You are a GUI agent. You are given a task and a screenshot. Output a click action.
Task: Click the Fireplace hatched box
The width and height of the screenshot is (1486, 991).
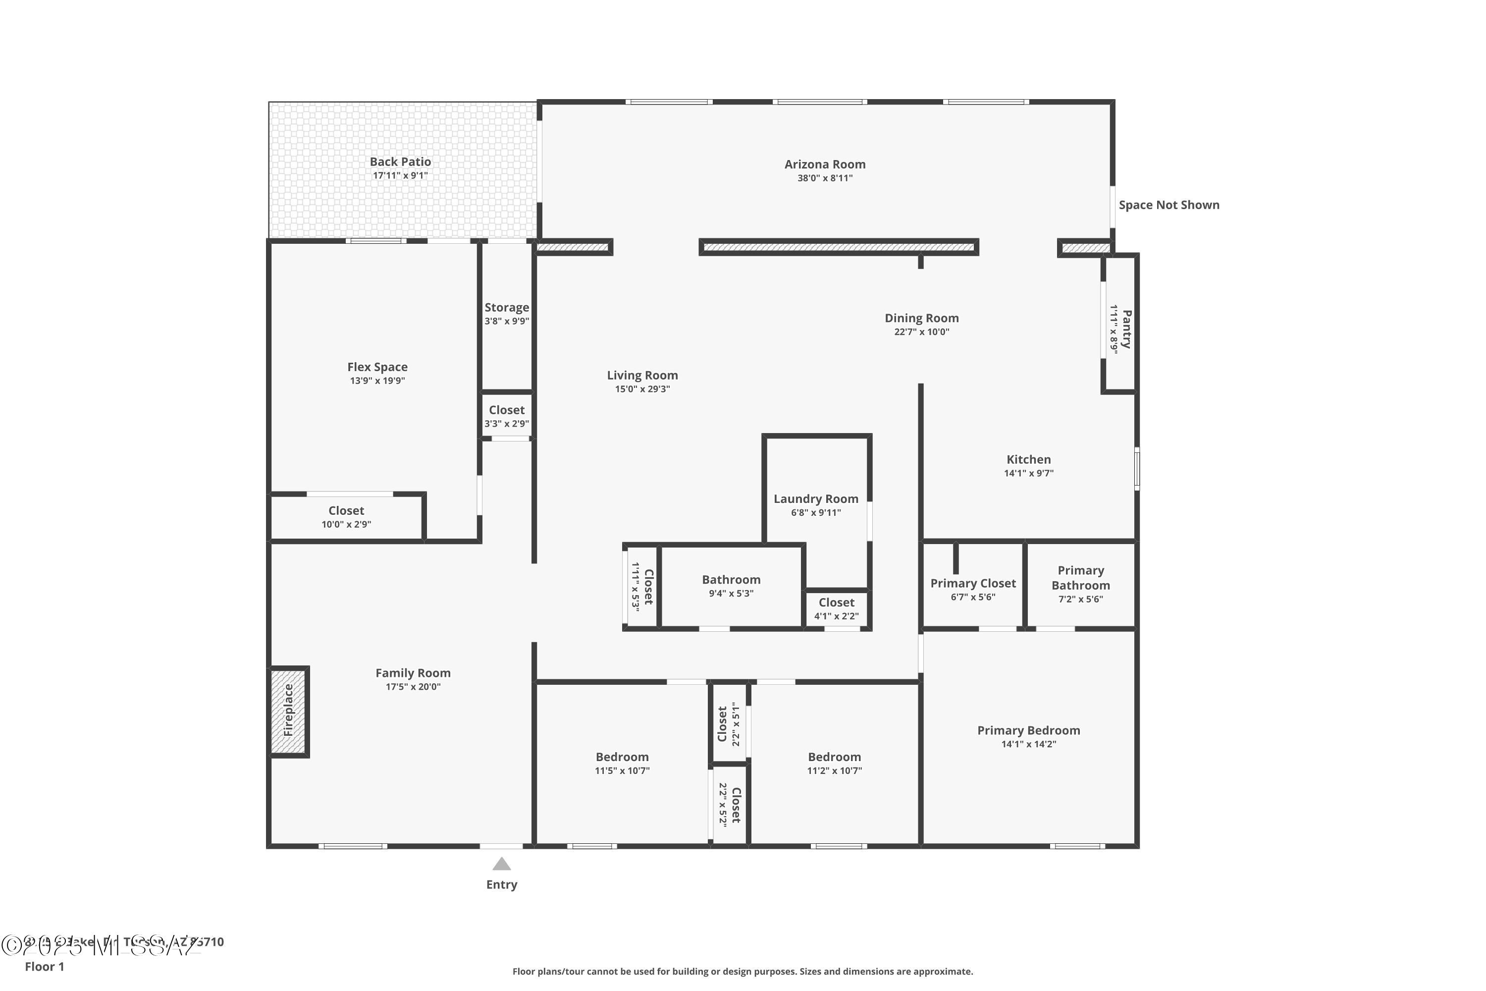[x=289, y=711]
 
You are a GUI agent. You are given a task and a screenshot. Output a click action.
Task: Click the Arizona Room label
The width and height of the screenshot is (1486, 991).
[x=825, y=165]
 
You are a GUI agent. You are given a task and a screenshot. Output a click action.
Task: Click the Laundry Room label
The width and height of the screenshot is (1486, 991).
[x=816, y=498]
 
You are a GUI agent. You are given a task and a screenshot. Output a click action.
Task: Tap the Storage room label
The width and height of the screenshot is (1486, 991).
[x=507, y=307]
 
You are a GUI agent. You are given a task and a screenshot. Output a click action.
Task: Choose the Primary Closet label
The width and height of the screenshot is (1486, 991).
[x=973, y=583]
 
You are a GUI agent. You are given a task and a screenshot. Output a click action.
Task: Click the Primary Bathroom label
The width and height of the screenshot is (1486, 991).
[x=1080, y=578]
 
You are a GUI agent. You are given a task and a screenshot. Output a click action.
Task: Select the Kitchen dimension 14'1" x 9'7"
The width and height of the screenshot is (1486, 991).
[x=1029, y=473]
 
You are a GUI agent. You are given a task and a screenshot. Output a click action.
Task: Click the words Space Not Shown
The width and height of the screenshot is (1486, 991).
[x=1169, y=205]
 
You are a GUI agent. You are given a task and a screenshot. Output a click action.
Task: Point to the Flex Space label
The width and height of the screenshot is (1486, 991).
[x=377, y=367]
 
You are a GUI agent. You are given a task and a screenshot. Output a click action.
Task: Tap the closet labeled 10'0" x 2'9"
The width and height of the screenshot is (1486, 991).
[x=346, y=517]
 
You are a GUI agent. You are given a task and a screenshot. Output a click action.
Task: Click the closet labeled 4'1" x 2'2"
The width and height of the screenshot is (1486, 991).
[x=837, y=608]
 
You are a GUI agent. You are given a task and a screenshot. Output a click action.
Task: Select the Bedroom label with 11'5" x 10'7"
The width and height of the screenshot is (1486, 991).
[x=622, y=757]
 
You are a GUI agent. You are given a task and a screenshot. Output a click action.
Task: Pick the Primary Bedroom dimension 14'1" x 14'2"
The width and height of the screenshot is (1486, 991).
[x=1029, y=744]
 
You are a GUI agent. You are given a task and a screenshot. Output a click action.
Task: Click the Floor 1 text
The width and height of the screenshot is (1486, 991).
[x=44, y=966]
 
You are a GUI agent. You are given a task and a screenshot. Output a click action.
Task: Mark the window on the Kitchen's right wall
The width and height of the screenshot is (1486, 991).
[x=1137, y=468]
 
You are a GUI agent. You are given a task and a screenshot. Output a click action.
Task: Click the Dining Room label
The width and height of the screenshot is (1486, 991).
[x=921, y=318]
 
